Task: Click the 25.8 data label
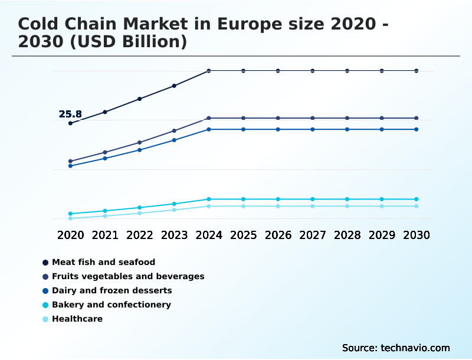(x=70, y=114)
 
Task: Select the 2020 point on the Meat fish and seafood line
(x=70, y=123)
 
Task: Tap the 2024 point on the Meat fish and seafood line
(x=209, y=71)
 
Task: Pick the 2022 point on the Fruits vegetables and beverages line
(x=140, y=142)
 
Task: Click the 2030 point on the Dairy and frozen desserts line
(x=417, y=129)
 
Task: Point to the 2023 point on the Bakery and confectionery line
(x=174, y=204)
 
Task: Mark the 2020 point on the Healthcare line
(x=70, y=218)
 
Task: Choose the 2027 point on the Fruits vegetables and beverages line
(x=313, y=118)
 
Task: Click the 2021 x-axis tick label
(x=105, y=235)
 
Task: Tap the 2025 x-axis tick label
(x=244, y=235)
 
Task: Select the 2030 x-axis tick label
(x=417, y=235)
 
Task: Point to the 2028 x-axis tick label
(x=347, y=235)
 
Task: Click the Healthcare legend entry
(x=77, y=319)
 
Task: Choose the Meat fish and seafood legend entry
(x=103, y=261)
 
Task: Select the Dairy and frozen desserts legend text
(x=112, y=290)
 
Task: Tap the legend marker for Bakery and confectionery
(x=45, y=305)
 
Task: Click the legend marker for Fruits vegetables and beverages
(x=45, y=276)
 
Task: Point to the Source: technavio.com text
(x=396, y=348)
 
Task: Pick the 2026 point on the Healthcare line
(x=278, y=206)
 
